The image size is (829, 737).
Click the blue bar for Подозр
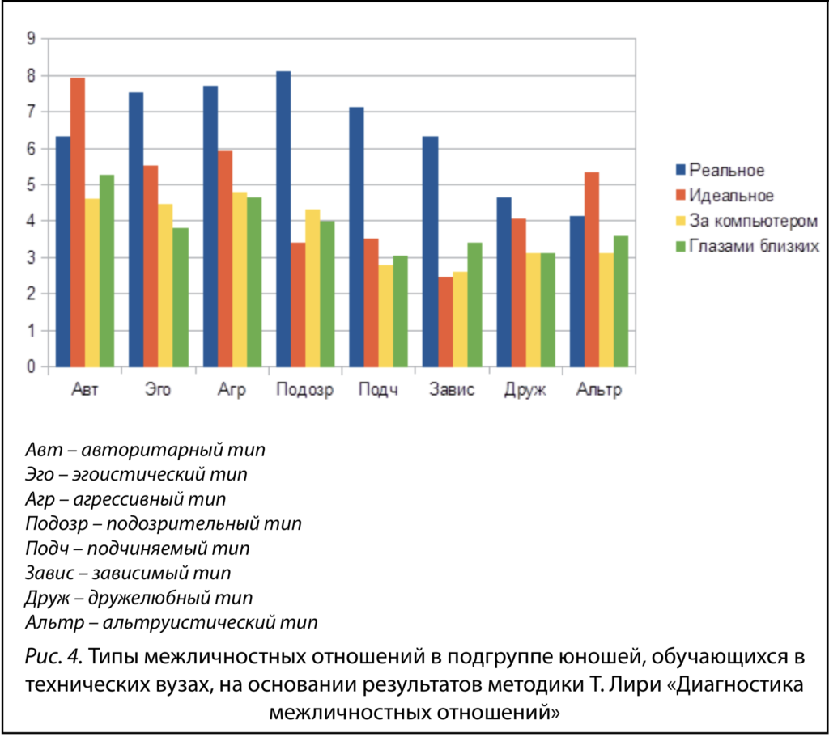[283, 219]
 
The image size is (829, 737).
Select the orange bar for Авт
[78, 222]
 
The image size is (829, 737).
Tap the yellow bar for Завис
[460, 320]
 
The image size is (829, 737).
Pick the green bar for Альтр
[621, 301]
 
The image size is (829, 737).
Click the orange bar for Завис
[445, 322]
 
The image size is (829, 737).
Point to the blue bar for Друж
[504, 282]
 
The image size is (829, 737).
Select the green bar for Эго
[180, 297]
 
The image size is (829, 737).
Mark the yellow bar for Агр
[239, 279]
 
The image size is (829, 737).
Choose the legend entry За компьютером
[753, 221]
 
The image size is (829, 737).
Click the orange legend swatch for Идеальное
[680, 196]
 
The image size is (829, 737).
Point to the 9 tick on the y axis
[32, 38]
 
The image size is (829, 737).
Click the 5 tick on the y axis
[32, 184]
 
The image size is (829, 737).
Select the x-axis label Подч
[378, 391]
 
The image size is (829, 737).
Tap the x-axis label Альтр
[599, 391]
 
